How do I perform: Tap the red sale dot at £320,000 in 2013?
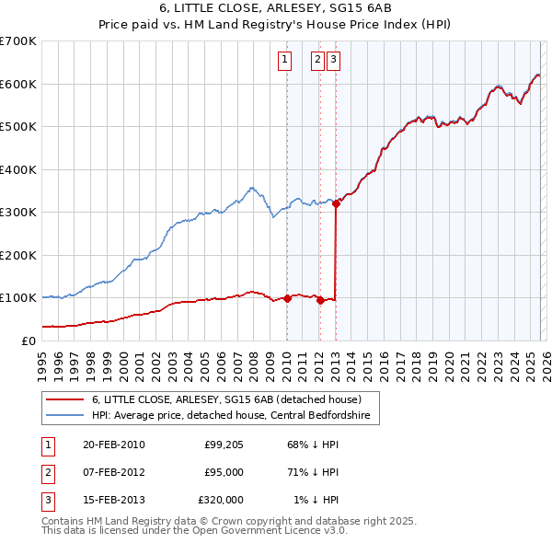coord(336,204)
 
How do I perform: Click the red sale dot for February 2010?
coord(287,298)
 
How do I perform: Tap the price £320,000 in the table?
coord(220,500)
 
